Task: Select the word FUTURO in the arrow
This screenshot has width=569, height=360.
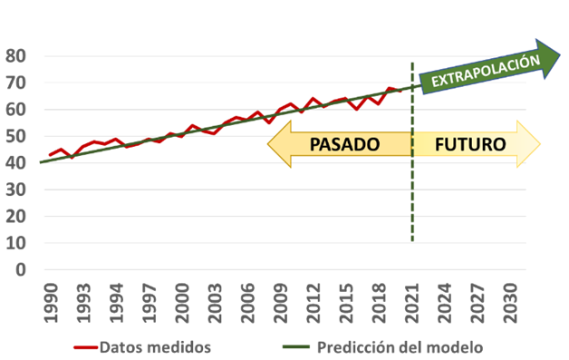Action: [470, 144]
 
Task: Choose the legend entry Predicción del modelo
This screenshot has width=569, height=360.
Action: [399, 346]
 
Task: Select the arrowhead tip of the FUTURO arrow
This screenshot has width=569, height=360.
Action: [539, 144]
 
